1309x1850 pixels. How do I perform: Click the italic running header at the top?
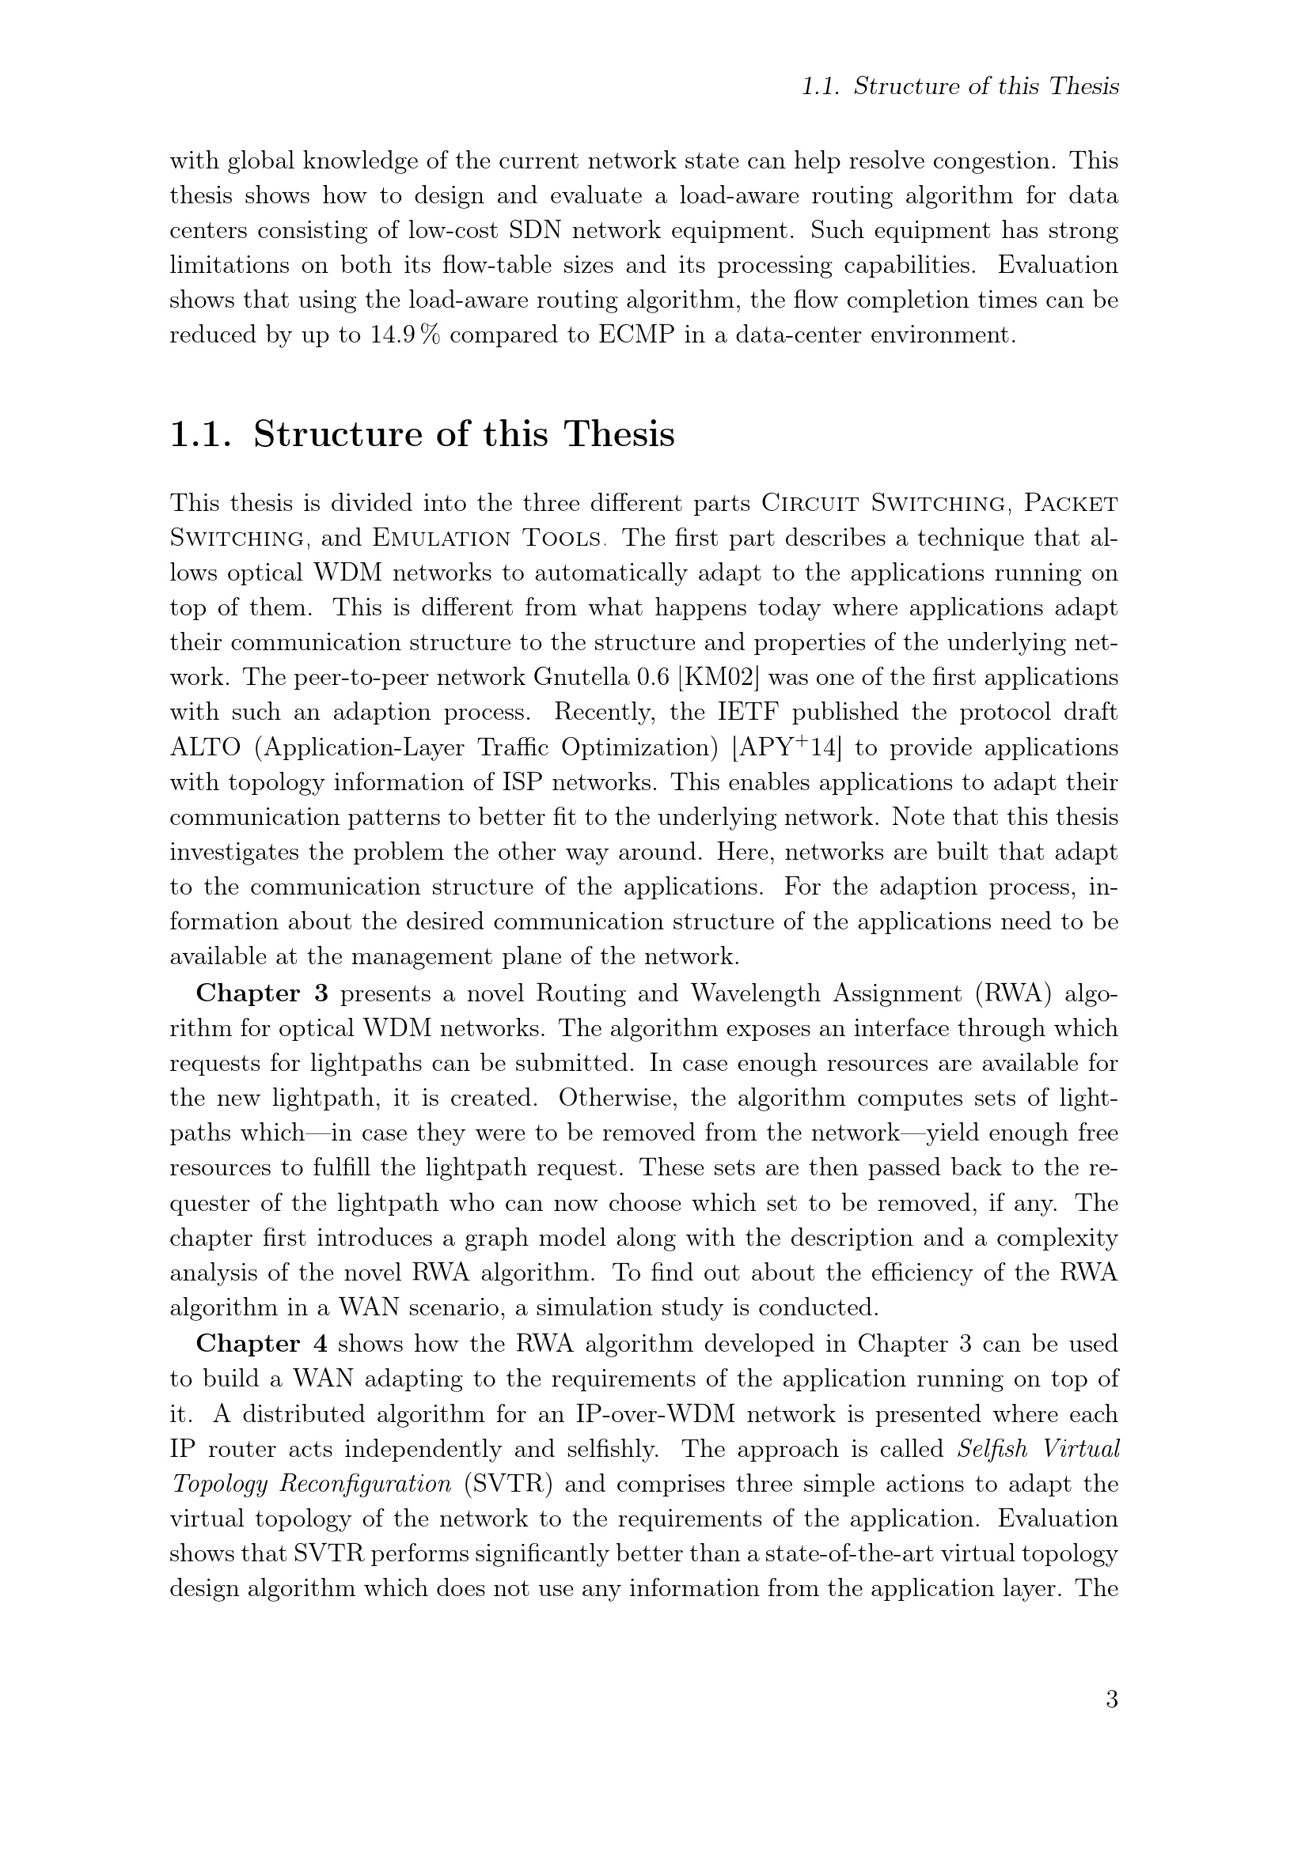point(960,86)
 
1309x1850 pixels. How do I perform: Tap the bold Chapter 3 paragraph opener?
point(262,993)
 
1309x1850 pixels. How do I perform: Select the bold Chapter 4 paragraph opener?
point(262,1343)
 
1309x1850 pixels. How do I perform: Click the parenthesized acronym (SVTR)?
point(506,1483)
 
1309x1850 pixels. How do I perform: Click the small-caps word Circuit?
point(813,503)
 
